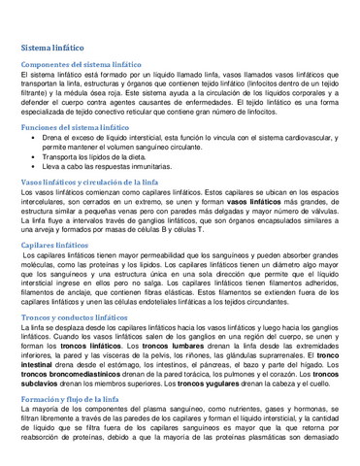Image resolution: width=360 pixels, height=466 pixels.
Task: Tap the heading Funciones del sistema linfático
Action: [75, 127]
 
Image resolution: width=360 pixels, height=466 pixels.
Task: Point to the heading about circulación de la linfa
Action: [89, 183]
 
